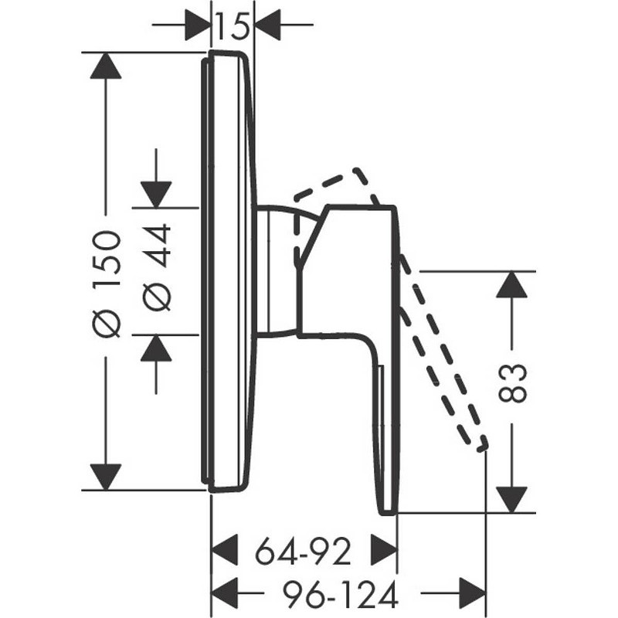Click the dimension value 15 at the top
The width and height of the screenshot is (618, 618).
click(x=233, y=27)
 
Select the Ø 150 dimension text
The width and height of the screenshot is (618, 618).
click(x=106, y=284)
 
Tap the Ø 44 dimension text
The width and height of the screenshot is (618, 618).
click(x=156, y=267)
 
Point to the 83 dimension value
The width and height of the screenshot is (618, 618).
click(x=512, y=383)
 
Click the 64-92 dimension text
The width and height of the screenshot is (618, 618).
click(x=303, y=552)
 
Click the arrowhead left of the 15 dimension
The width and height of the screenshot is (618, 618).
click(x=198, y=25)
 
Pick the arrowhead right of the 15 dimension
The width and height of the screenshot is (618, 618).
click(x=267, y=25)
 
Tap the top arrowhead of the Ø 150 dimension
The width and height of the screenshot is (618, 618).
click(x=106, y=66)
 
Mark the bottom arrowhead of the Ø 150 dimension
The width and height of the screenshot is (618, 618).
click(x=106, y=477)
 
